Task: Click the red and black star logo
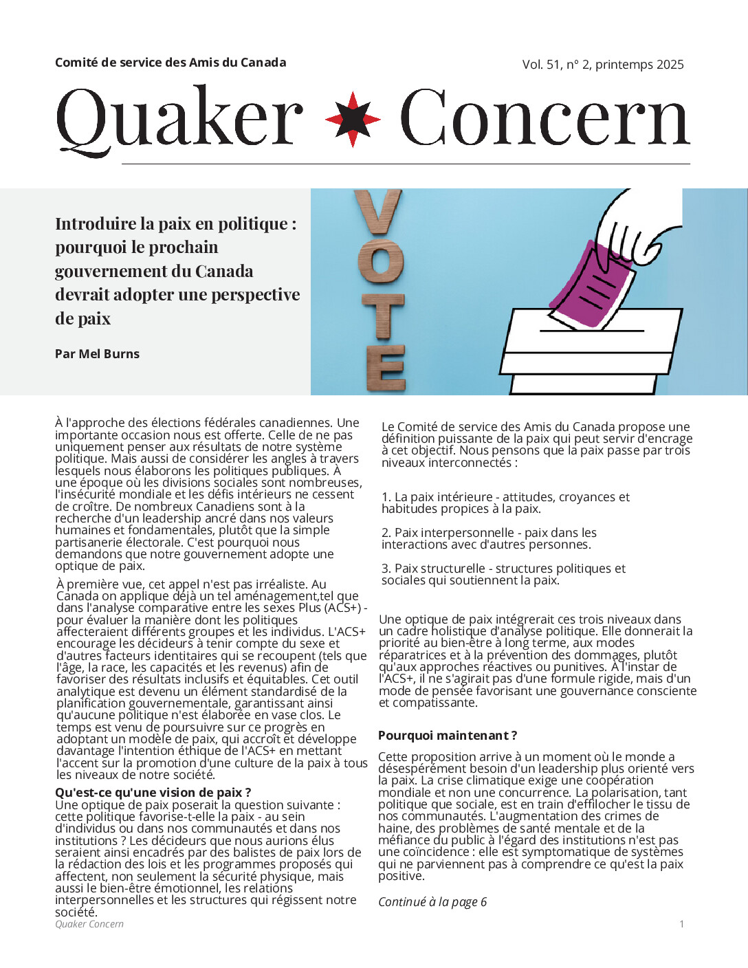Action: click(353, 119)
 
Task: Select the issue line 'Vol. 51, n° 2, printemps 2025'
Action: click(603, 65)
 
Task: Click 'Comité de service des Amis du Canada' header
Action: click(170, 63)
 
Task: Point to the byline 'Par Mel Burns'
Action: click(97, 354)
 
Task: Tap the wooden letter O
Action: click(381, 261)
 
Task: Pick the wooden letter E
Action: click(386, 368)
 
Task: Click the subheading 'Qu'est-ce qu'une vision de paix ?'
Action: click(153, 793)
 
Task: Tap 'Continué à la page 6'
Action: click(432, 902)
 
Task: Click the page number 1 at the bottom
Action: click(681, 924)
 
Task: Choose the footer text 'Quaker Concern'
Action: click(89, 924)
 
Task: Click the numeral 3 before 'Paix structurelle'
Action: click(385, 569)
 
